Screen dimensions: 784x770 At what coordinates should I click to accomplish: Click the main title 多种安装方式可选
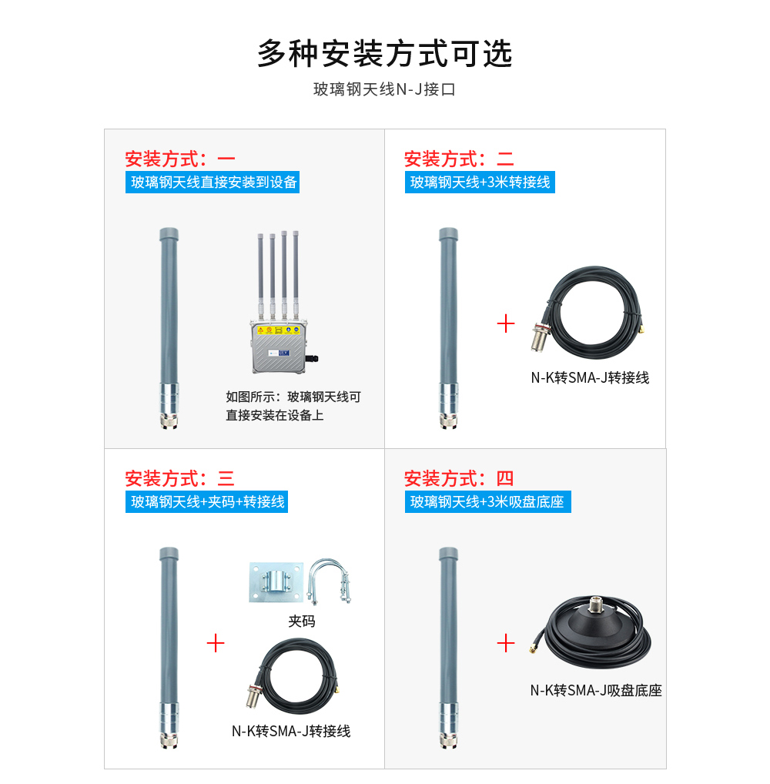point(384,54)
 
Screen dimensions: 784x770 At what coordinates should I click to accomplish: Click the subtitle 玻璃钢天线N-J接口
point(384,89)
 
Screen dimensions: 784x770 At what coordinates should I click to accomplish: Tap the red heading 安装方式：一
point(180,159)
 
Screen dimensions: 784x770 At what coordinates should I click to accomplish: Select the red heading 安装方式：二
point(459,159)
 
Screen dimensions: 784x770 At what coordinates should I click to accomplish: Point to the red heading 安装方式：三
point(180,479)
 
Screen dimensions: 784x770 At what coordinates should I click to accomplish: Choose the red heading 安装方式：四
point(459,479)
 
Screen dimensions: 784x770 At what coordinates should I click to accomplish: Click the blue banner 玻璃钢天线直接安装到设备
point(213,183)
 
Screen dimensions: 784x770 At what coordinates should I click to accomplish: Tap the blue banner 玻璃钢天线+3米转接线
point(480,183)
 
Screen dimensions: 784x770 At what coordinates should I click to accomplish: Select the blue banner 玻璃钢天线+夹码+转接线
point(207,502)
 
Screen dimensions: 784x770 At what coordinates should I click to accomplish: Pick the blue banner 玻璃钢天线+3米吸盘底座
point(487,502)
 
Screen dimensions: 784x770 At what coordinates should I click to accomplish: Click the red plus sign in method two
point(506,323)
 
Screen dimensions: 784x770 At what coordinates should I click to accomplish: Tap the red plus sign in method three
point(216,643)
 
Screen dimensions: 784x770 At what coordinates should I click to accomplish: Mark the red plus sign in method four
point(506,643)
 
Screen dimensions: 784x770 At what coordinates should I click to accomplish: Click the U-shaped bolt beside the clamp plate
point(329,582)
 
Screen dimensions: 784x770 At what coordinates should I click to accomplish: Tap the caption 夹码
point(301,621)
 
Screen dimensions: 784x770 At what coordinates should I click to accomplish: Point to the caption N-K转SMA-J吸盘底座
point(596,691)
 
